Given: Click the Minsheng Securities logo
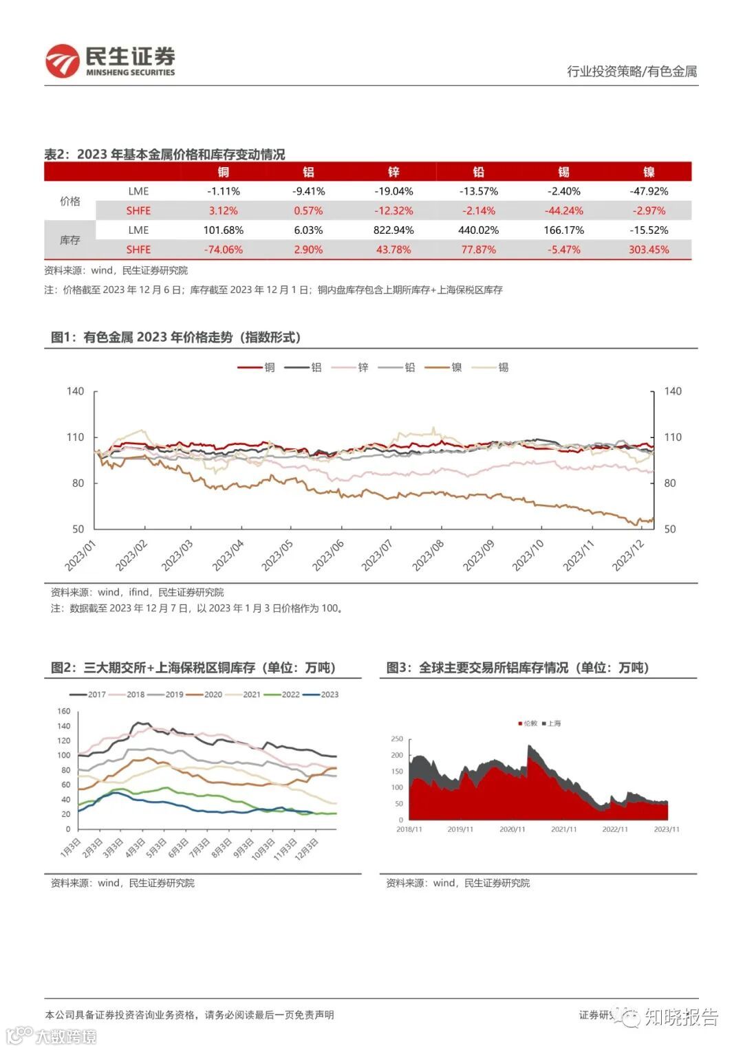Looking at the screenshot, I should pyautogui.click(x=110, y=61).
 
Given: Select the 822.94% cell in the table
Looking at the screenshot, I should pyautogui.click(x=394, y=230).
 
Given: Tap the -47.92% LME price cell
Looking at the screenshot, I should pyautogui.click(x=649, y=191).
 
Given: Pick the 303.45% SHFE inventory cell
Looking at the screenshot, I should pyautogui.click(x=649, y=250).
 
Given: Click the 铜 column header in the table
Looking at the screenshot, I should pyautogui.click(x=223, y=172).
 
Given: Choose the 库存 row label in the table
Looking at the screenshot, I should pyautogui.click(x=70, y=240).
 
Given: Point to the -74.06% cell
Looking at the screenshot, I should pyautogui.click(x=223, y=250).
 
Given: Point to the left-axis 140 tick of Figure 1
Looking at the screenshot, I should pyautogui.click(x=75, y=391).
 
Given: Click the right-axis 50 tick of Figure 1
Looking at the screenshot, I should pyautogui.click(x=670, y=529).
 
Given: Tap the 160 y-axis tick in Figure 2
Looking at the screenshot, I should pyautogui.click(x=64, y=712).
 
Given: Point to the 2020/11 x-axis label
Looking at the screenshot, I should pyautogui.click(x=512, y=829).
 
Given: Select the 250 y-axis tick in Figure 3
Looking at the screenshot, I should pyautogui.click(x=397, y=739).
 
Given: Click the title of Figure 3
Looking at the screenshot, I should pyautogui.click(x=517, y=668).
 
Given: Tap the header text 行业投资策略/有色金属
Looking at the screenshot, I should pyautogui.click(x=632, y=72).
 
